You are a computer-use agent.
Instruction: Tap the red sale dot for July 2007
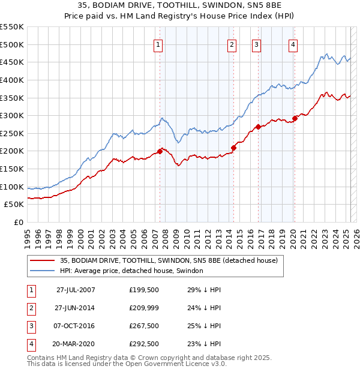(160, 151)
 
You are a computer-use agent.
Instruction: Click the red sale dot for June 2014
(234, 148)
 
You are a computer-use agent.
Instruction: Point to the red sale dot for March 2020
(295, 118)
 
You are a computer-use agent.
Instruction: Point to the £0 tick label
(19, 223)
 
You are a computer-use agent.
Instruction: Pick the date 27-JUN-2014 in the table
(76, 308)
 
